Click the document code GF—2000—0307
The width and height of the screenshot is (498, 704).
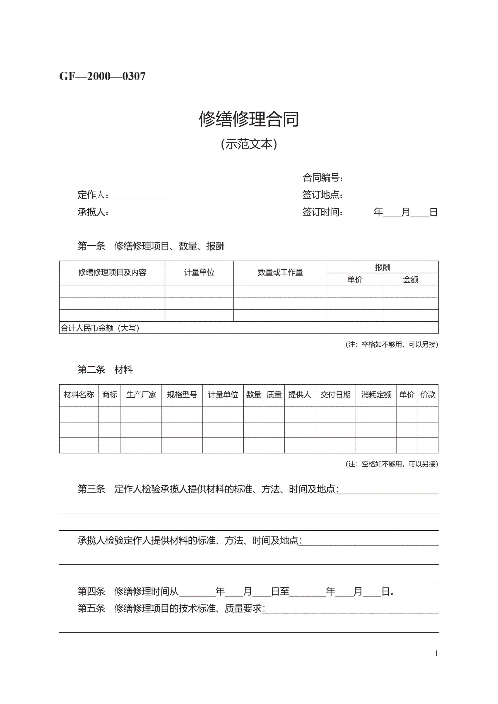tap(102, 76)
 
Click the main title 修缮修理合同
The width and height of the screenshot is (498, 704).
tap(249, 119)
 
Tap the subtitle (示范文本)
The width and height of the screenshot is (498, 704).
tap(249, 144)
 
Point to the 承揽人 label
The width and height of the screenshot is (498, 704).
tap(93, 212)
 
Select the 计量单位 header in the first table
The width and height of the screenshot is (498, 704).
tap(199, 272)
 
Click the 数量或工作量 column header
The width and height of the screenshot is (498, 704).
tap(280, 272)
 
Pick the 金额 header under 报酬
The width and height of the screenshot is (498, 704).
tap(410, 279)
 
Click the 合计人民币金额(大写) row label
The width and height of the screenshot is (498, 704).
tap(100, 328)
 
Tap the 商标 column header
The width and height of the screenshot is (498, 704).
tap(110, 395)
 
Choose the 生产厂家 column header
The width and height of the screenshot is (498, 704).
tap(141, 395)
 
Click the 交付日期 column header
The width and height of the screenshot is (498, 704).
tap(335, 395)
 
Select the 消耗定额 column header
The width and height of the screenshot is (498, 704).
tap(376, 395)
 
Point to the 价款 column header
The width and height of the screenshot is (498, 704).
tap(428, 395)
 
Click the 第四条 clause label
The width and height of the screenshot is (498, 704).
tap(91, 591)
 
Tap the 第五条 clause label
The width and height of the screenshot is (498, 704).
tap(91, 608)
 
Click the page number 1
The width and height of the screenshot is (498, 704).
tap(436, 653)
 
